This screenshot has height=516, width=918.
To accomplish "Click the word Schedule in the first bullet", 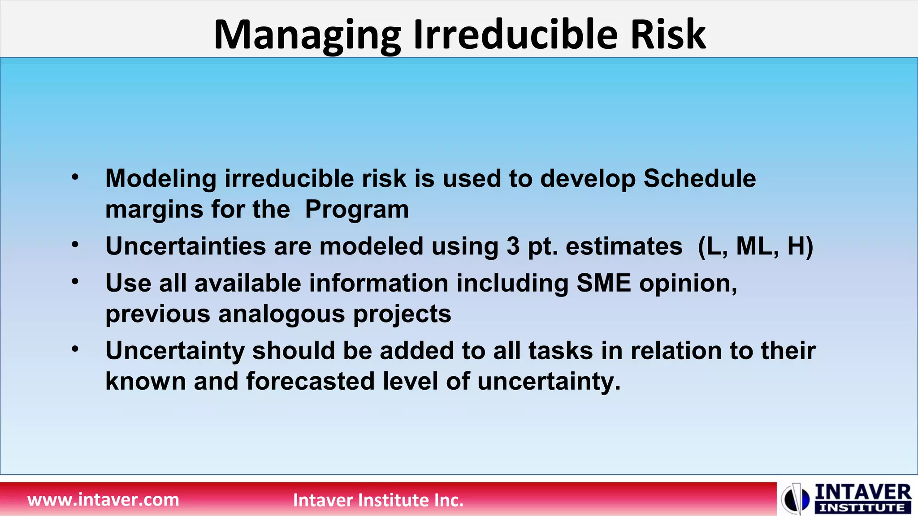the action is pyautogui.click(x=700, y=179).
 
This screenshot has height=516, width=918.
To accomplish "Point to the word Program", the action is pyautogui.click(x=357, y=209).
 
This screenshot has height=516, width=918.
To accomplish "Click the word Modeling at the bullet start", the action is pyautogui.click(x=161, y=179).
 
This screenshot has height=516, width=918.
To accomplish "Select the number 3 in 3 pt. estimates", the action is pyautogui.click(x=513, y=246).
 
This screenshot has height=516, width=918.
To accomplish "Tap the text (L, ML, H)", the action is pyautogui.click(x=755, y=246).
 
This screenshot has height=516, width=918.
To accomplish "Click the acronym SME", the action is pyautogui.click(x=603, y=284).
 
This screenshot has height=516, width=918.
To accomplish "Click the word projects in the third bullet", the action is pyautogui.click(x=402, y=314).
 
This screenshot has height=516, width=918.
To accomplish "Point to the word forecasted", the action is pyautogui.click(x=310, y=381).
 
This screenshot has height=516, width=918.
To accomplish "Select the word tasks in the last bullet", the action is pyautogui.click(x=561, y=351).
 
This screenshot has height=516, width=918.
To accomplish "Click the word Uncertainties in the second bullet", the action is pyautogui.click(x=186, y=246).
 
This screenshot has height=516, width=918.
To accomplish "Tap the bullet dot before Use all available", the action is pyautogui.click(x=75, y=282).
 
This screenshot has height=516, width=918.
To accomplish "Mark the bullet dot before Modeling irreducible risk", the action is pyautogui.click(x=75, y=177).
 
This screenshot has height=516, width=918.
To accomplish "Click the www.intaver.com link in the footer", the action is pyautogui.click(x=103, y=499).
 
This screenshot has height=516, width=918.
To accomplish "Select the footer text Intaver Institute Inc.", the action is pyautogui.click(x=378, y=500).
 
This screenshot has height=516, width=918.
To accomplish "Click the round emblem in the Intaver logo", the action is pyautogui.click(x=795, y=499).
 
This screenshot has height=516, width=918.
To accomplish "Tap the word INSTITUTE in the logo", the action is pyautogui.click(x=862, y=508).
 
